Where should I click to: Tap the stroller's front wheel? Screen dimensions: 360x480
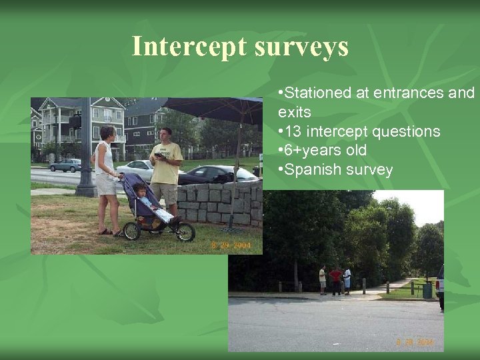click(x=185, y=232)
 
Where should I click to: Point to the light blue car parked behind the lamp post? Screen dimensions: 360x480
click(x=65, y=165)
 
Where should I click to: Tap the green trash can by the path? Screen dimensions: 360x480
click(x=427, y=290)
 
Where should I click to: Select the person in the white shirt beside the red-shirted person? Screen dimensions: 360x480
click(x=347, y=280)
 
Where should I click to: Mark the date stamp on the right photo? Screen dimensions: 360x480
click(x=414, y=342)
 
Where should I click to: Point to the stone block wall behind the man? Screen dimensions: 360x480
click(x=213, y=203)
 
